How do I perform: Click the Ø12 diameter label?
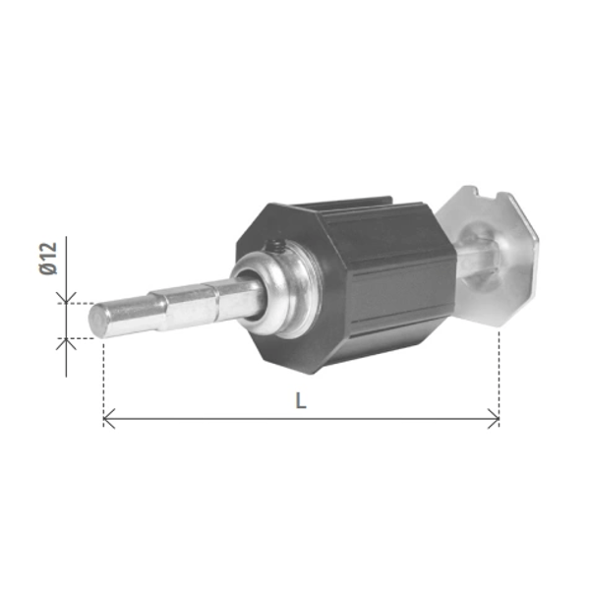point(48,258)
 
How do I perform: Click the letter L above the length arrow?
point(301,400)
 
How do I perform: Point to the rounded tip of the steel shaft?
point(97,321)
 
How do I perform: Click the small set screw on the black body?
point(274,247)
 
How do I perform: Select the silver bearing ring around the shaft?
point(277,294)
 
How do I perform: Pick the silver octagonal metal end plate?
point(493,256)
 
